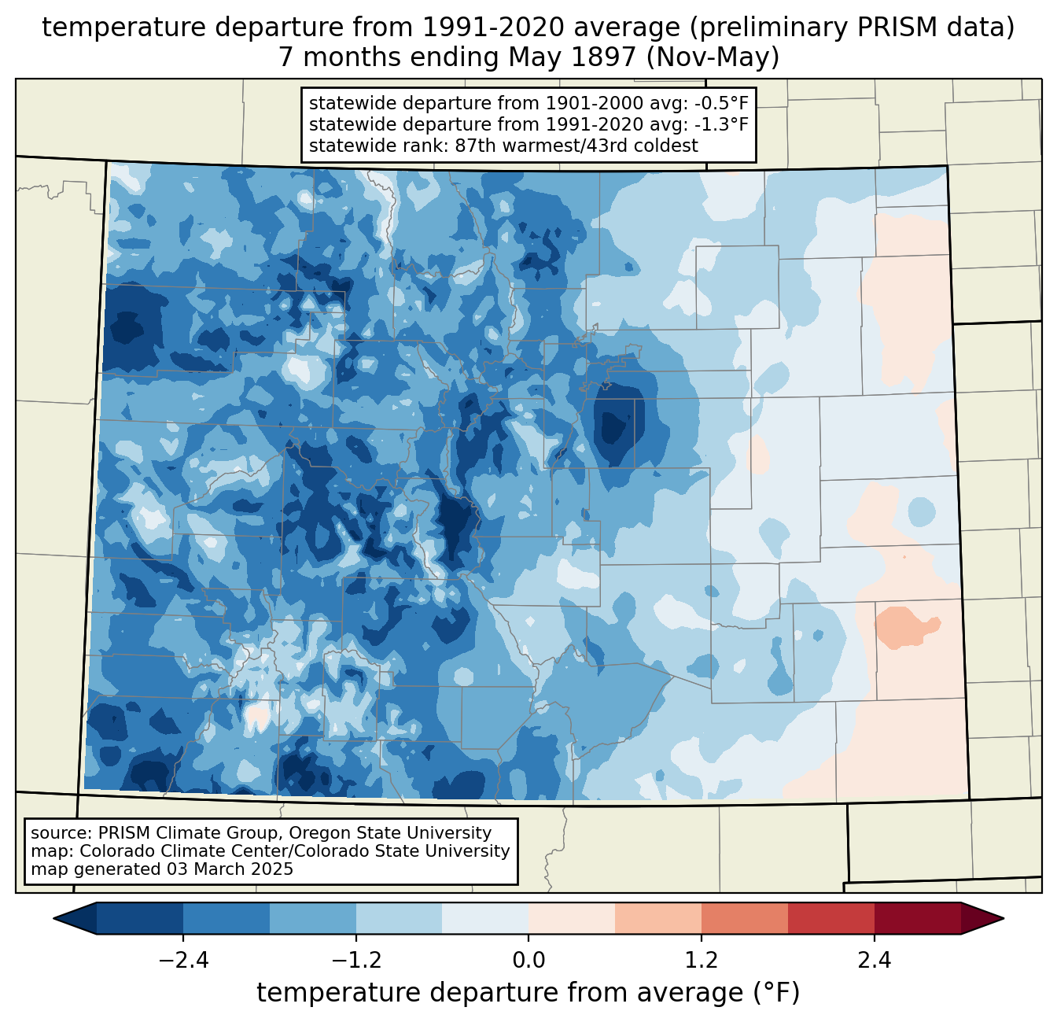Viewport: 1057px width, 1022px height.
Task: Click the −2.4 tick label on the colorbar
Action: [183, 961]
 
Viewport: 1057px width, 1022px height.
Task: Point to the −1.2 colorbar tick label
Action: [356, 961]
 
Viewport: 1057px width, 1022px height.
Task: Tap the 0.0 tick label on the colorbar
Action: [528, 961]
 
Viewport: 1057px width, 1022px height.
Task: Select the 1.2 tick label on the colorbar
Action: [702, 961]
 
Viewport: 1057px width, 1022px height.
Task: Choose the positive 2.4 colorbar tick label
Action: [874, 961]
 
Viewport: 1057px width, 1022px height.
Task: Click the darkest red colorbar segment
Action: [917, 918]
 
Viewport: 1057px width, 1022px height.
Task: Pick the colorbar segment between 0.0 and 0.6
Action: [572, 918]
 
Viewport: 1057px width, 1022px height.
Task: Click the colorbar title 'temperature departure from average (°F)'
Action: [528, 993]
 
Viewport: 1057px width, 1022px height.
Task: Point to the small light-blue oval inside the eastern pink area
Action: [921, 512]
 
